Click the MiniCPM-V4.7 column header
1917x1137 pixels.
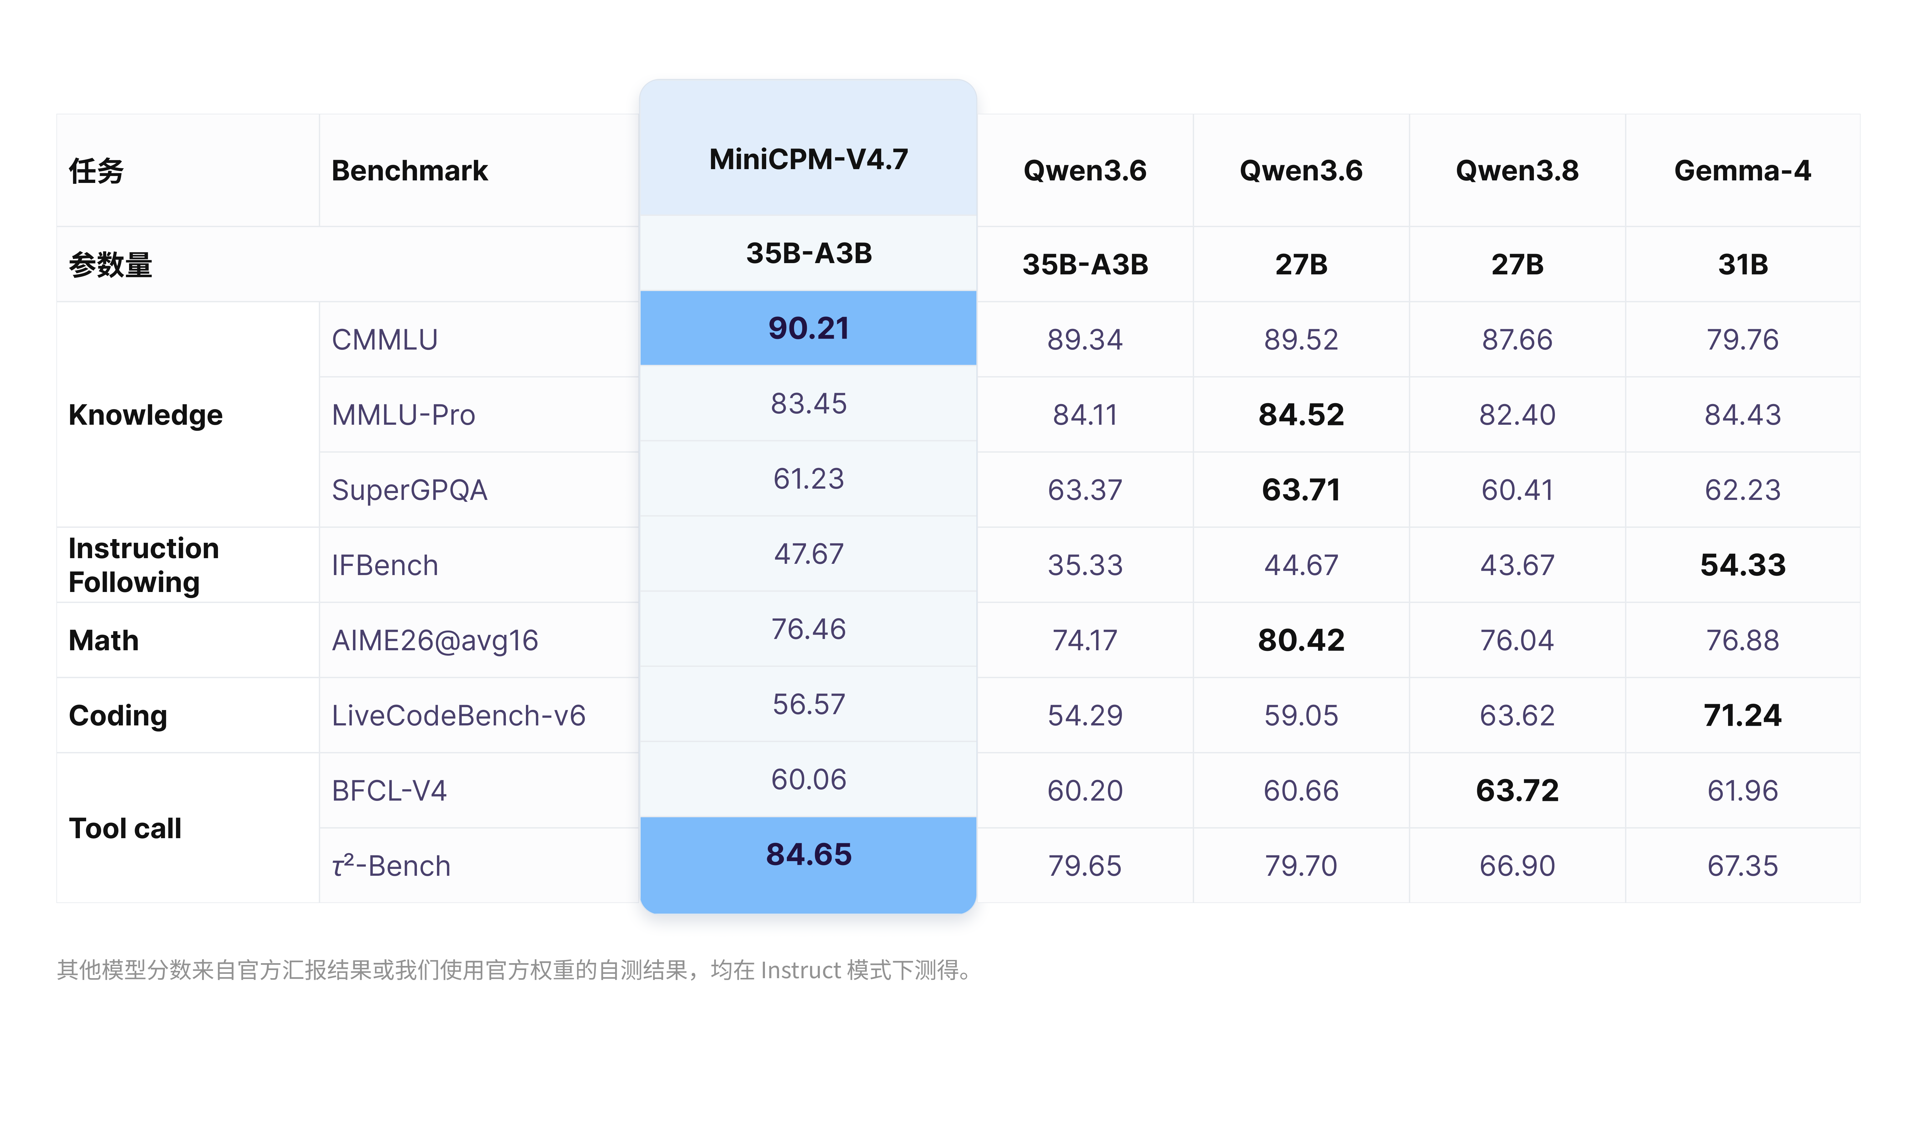808,159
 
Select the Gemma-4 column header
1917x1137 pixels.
1742,170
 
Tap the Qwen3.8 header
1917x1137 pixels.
1517,170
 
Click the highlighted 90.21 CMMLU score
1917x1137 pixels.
808,328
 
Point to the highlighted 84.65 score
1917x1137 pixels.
808,854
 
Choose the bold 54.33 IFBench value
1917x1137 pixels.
1742,565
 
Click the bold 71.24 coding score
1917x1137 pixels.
1742,715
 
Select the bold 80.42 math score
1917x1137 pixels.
1301,640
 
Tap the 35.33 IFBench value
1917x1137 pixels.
1085,565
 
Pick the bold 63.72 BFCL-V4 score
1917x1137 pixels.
1517,790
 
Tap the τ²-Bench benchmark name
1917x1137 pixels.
391,865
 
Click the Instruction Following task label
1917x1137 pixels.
143,565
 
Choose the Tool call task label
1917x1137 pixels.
125,828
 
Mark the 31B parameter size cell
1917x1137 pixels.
1742,264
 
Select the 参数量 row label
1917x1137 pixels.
110,264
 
